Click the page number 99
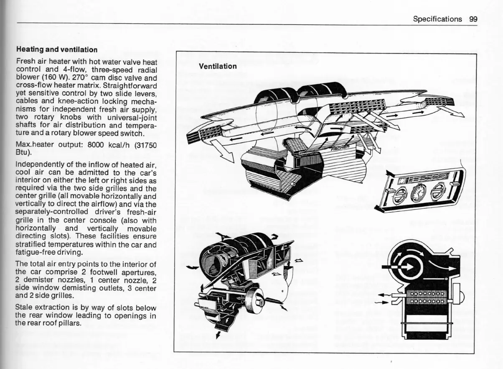coord(473,19)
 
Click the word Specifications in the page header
coord(437,19)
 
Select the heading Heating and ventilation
coord(56,49)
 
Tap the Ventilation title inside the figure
coord(218,66)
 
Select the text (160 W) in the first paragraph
coord(53,77)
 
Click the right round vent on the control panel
coord(437,191)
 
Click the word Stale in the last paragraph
coord(24,308)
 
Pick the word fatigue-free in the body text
coord(34,252)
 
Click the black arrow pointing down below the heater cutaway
coord(218,334)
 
